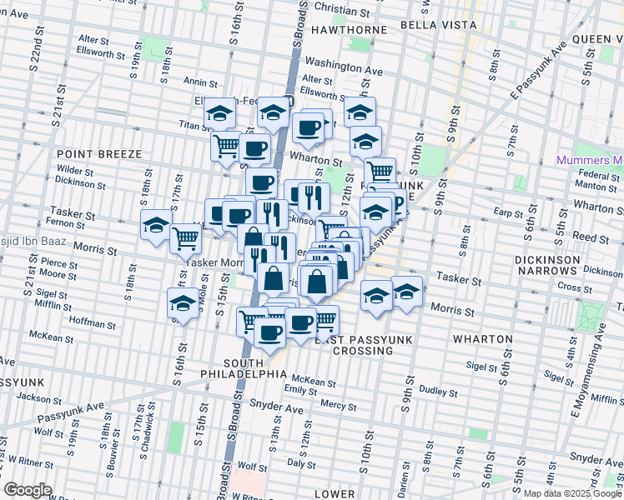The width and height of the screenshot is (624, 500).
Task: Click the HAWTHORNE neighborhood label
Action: (x=349, y=29)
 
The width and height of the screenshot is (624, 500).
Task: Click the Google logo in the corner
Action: (x=28, y=490)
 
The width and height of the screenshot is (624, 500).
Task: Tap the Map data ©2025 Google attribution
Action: (x=572, y=493)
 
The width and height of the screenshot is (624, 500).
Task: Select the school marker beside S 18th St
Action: (x=156, y=226)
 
